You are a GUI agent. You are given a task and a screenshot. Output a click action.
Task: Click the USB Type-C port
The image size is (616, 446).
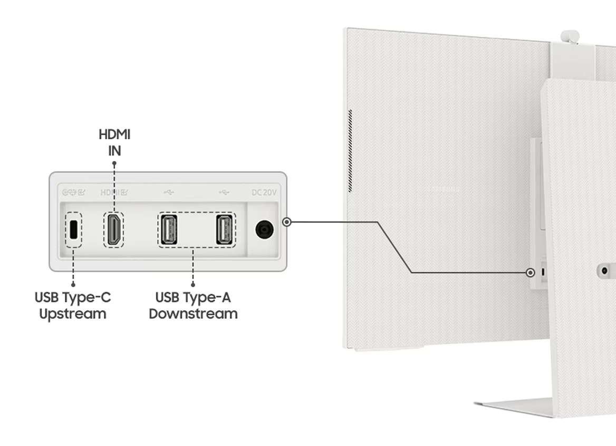click(x=74, y=229)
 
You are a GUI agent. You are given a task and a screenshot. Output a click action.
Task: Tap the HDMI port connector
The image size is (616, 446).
click(x=113, y=230)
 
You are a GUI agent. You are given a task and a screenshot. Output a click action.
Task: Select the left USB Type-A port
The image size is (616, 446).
click(x=167, y=230)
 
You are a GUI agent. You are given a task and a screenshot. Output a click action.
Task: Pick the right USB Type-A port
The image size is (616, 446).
click(x=225, y=230)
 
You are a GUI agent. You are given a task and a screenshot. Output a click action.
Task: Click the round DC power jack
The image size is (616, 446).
click(x=265, y=230)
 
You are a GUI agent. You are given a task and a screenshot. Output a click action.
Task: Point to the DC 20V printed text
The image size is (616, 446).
click(x=264, y=193)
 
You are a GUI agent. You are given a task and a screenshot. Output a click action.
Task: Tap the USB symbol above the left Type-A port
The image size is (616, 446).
click(x=169, y=193)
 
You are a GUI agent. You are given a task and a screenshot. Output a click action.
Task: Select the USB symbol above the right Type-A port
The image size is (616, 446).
click(x=224, y=193)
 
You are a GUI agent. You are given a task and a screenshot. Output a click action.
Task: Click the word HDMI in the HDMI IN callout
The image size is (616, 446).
click(x=114, y=135)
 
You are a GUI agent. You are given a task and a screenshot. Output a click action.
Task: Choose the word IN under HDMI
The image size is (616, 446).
click(x=114, y=151)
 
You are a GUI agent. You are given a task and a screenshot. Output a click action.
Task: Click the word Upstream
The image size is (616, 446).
click(x=73, y=314)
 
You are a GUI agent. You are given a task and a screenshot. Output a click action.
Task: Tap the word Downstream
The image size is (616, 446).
click(x=193, y=314)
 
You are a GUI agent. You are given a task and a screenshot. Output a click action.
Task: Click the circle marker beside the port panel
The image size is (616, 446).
click(x=286, y=222)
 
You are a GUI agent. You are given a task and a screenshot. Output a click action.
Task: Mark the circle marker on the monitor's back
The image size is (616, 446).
click(x=530, y=272)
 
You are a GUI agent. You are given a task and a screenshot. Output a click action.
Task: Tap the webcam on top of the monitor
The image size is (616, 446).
click(x=570, y=37)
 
